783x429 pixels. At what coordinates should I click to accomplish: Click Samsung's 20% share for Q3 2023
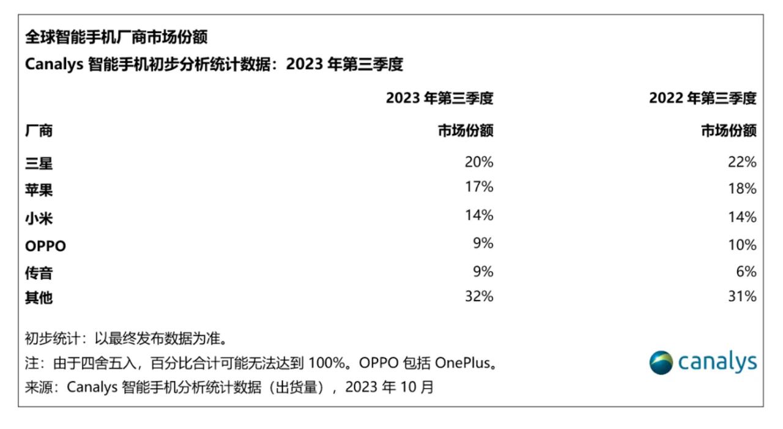pyautogui.click(x=479, y=162)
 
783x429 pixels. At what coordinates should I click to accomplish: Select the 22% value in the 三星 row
pyautogui.click(x=742, y=162)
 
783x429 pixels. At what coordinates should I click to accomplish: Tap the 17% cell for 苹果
pyautogui.click(x=479, y=187)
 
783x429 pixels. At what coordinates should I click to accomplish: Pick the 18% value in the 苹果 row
pyautogui.click(x=742, y=189)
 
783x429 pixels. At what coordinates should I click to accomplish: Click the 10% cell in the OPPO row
pyautogui.click(x=742, y=245)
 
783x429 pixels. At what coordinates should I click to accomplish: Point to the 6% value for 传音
pyautogui.click(x=746, y=272)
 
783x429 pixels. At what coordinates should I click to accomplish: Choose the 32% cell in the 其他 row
pyautogui.click(x=479, y=296)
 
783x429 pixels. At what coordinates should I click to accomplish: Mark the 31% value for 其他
pyautogui.click(x=742, y=296)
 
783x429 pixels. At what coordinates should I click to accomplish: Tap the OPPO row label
pyautogui.click(x=45, y=246)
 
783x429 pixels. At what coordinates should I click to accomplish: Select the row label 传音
pyautogui.click(x=39, y=273)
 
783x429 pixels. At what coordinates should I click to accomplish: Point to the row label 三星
pyautogui.click(x=39, y=163)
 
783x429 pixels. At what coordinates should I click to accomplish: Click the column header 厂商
pyautogui.click(x=39, y=131)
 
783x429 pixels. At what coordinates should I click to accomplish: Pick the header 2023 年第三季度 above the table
pyautogui.click(x=440, y=99)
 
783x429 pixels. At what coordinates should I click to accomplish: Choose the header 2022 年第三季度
pyautogui.click(x=703, y=99)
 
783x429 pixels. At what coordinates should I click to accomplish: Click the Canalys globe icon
pyautogui.click(x=661, y=362)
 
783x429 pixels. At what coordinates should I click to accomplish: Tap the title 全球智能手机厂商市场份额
pyautogui.click(x=116, y=37)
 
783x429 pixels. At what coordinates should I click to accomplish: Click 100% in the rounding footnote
pyautogui.click(x=327, y=364)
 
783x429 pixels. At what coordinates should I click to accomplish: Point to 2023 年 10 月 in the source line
pyautogui.click(x=390, y=387)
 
